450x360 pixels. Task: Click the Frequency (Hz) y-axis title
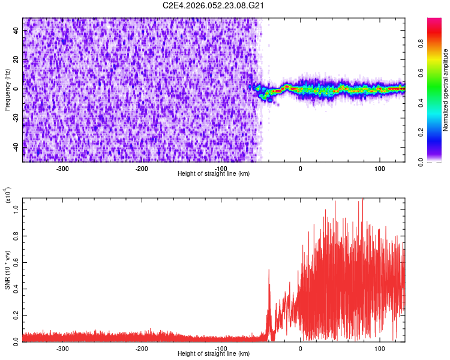click(x=8, y=90)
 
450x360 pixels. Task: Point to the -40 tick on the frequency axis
click(x=16, y=146)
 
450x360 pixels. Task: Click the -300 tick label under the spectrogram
click(x=62, y=169)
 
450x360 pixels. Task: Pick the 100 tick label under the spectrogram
click(x=380, y=169)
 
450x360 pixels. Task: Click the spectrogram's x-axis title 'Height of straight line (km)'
click(x=214, y=174)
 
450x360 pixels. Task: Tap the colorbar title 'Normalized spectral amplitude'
click(x=446, y=90)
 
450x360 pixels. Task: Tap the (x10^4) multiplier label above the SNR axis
click(x=8, y=196)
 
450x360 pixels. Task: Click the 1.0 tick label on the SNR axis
click(x=16, y=208)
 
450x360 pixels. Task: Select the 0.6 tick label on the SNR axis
click(x=16, y=261)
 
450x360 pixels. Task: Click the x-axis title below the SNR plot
click(x=214, y=355)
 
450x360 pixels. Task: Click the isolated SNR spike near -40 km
click(x=269, y=271)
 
